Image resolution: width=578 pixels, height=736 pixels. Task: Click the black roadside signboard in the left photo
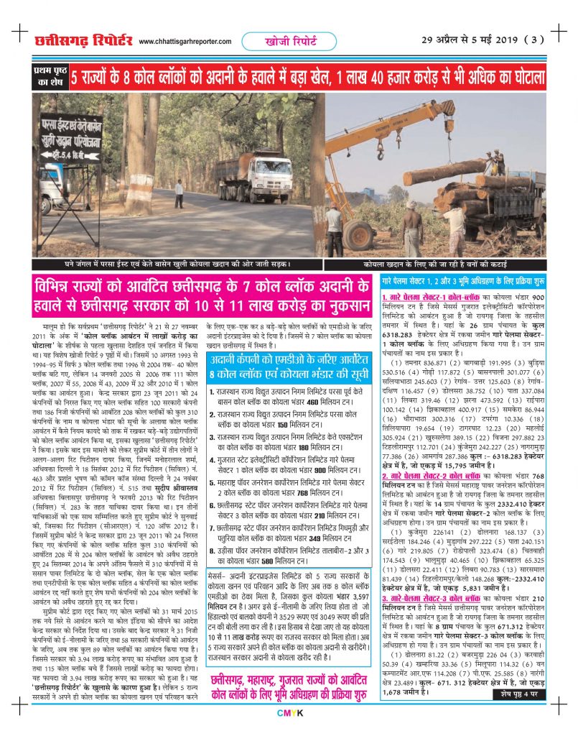70,137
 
